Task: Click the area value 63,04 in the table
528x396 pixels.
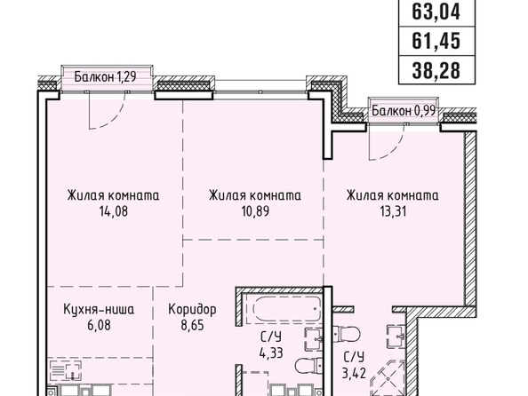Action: pyautogui.click(x=436, y=12)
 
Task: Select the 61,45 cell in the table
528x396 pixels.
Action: pyautogui.click(x=436, y=42)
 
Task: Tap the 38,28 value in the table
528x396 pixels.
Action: pyautogui.click(x=436, y=71)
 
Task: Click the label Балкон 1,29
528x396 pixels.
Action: pyautogui.click(x=105, y=77)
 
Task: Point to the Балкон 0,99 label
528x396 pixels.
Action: pyautogui.click(x=404, y=110)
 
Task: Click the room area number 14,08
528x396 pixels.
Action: pyautogui.click(x=114, y=211)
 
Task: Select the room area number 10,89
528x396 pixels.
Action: pyautogui.click(x=255, y=211)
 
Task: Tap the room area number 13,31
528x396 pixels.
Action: pyautogui.click(x=393, y=211)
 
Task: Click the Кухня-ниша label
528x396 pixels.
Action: pyautogui.click(x=99, y=310)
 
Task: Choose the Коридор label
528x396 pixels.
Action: pyautogui.click(x=192, y=310)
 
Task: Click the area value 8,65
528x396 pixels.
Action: pyautogui.click(x=192, y=326)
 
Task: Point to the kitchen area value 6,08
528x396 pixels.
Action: pyautogui.click(x=99, y=326)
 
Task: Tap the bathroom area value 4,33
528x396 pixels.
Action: pyautogui.click(x=271, y=353)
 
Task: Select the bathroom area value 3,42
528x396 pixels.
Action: pyautogui.click(x=354, y=374)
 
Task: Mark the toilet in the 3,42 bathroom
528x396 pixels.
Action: pyautogui.click(x=347, y=334)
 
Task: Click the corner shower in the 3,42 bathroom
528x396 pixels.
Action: pyautogui.click(x=388, y=377)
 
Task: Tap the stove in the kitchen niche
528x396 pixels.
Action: pyautogui.click(x=66, y=370)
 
